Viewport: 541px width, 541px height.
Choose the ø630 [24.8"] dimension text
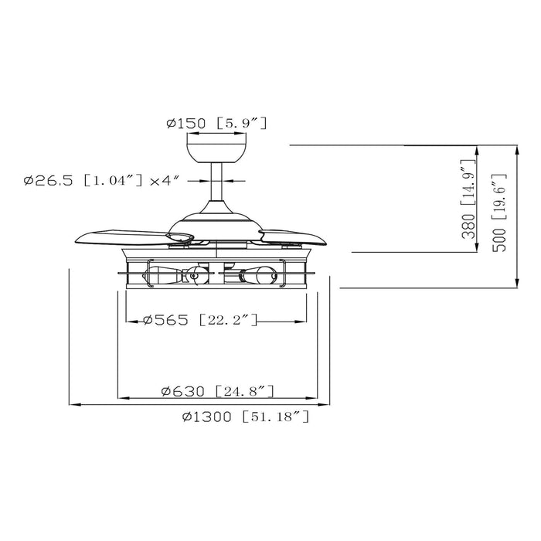[217, 391]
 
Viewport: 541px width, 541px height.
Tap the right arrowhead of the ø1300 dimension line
[328, 404]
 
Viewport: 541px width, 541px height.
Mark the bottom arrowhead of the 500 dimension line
[517, 284]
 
